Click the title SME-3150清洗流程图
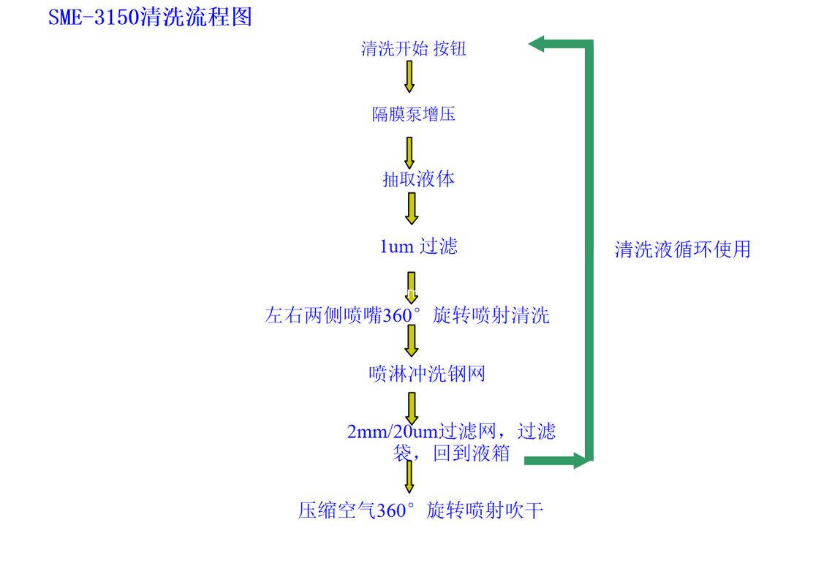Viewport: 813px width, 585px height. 150,17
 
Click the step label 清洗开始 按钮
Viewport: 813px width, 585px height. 414,49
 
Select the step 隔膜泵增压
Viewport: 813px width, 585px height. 414,115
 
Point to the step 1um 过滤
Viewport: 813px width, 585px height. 418,246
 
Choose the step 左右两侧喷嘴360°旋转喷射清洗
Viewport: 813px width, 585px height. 407,316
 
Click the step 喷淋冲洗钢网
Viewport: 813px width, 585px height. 427,374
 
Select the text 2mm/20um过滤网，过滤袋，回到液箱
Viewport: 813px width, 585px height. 451,442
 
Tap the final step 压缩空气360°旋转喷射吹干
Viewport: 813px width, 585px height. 420,510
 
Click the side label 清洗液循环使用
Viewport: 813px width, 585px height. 682,249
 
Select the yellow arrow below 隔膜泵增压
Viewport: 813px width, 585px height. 409,152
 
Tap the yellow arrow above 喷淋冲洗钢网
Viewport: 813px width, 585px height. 412,341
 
